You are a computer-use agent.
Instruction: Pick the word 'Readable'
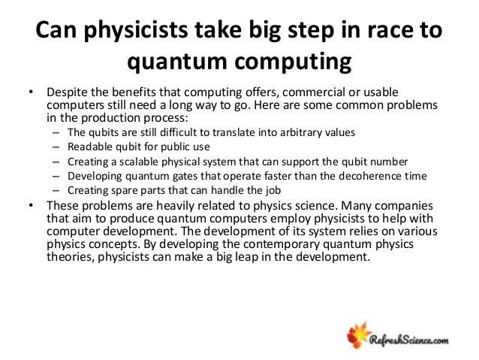(x=91, y=147)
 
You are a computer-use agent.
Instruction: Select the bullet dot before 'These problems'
(x=31, y=207)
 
